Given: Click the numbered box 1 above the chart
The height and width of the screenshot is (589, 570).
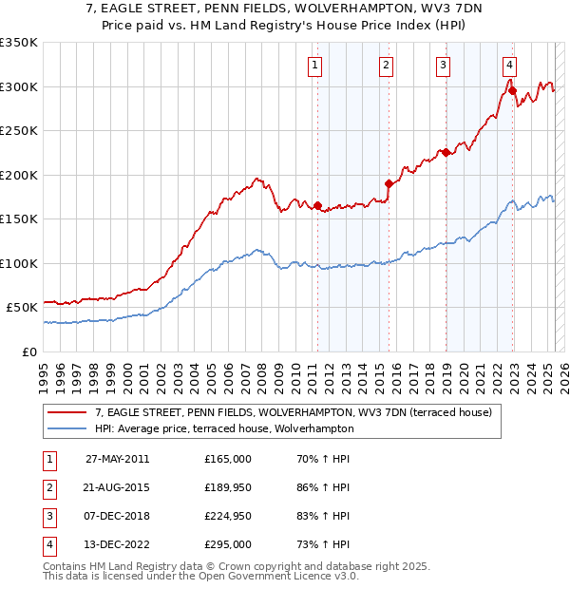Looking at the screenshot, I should point(314,66).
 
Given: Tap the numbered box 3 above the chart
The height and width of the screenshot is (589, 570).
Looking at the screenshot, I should point(444,66).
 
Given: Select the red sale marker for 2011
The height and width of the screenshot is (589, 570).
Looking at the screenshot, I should point(317,206).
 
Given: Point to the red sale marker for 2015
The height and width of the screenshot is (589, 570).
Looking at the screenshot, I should point(389,183).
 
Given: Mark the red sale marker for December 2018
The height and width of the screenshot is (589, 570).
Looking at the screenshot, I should point(446,152).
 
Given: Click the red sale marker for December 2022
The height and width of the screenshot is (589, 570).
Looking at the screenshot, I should point(512,91).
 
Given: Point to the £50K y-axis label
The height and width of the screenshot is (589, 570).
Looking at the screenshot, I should point(23,307).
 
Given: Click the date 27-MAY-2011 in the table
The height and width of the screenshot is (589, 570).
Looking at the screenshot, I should point(118,459).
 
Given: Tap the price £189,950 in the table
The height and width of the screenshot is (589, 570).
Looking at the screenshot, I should point(228,487).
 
